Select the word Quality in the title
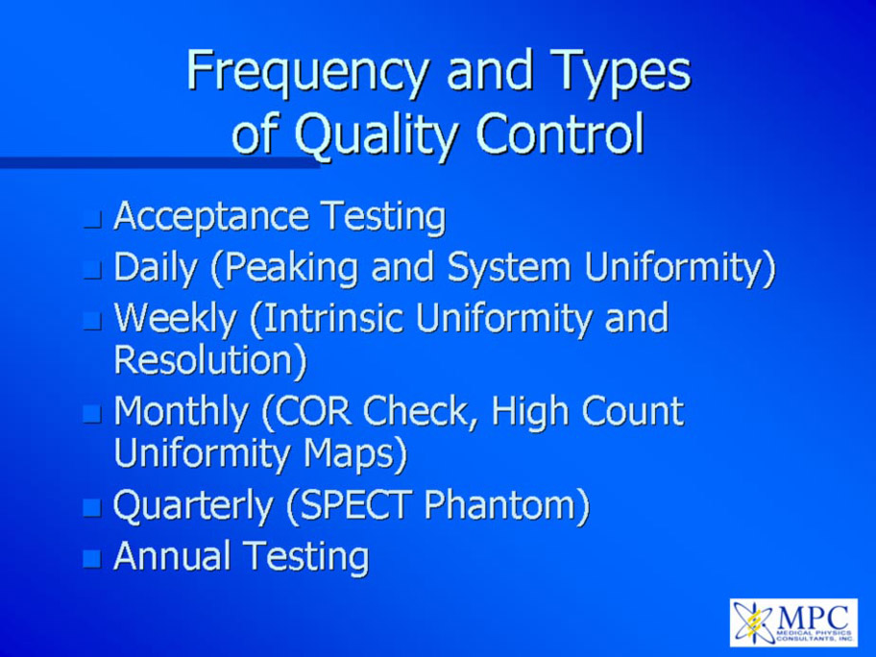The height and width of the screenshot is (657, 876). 376,135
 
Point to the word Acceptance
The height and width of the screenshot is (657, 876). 211,217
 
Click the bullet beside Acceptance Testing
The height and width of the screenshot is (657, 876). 92,220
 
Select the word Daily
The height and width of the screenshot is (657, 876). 156,268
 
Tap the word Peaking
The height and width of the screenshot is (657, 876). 285,268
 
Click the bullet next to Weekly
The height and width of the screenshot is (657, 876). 92,321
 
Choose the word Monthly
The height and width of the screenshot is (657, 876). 182,413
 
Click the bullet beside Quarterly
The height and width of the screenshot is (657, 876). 92,508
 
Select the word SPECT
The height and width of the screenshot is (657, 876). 351,506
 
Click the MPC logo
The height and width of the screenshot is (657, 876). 793,622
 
